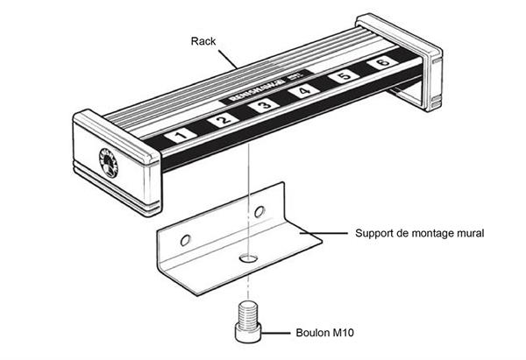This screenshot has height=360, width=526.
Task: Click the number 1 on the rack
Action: click(x=180, y=135)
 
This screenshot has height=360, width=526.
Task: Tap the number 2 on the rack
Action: click(x=223, y=120)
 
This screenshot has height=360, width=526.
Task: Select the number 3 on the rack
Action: click(x=263, y=106)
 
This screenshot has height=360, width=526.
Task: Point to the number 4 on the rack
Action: click(x=303, y=91)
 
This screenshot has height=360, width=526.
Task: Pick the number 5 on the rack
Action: click(x=343, y=77)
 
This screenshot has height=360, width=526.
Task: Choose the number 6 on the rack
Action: click(x=381, y=63)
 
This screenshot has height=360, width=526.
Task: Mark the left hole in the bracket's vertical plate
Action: click(x=184, y=239)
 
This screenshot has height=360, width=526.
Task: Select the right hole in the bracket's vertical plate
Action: click(x=258, y=212)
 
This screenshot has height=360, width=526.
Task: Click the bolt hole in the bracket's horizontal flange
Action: click(x=249, y=259)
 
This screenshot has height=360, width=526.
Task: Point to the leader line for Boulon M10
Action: click(x=279, y=333)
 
